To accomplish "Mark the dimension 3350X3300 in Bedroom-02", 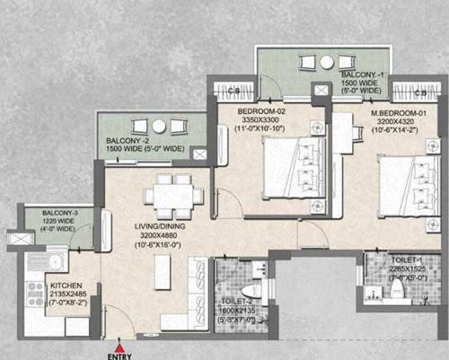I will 261,119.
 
